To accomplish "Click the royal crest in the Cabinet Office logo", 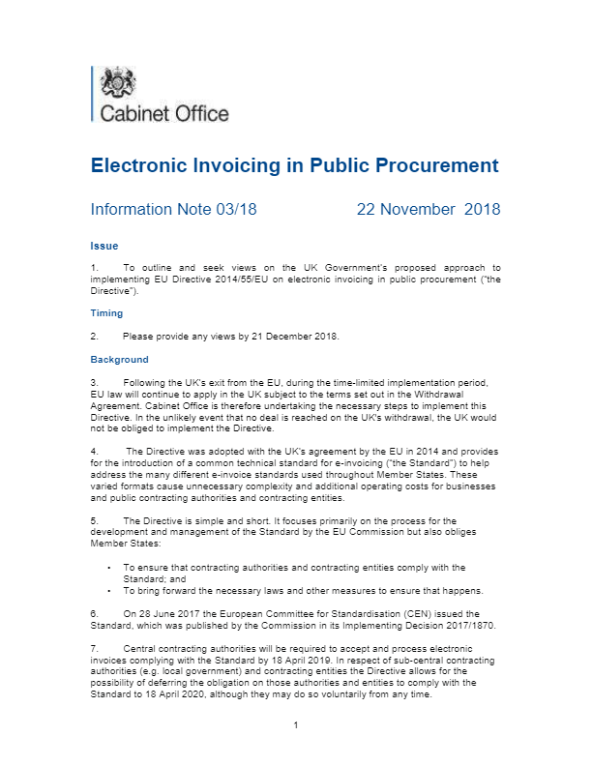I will tap(122, 83).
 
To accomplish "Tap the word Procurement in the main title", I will tap(430, 165).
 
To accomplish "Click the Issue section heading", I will tap(104, 246).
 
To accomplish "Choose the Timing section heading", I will tap(107, 313).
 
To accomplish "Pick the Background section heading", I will tap(120, 359).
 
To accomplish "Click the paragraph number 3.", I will tap(94, 383).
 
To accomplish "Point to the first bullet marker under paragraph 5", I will tap(110, 568).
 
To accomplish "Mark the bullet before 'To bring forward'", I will tap(110, 590).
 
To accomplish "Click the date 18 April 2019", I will tap(349, 656).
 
